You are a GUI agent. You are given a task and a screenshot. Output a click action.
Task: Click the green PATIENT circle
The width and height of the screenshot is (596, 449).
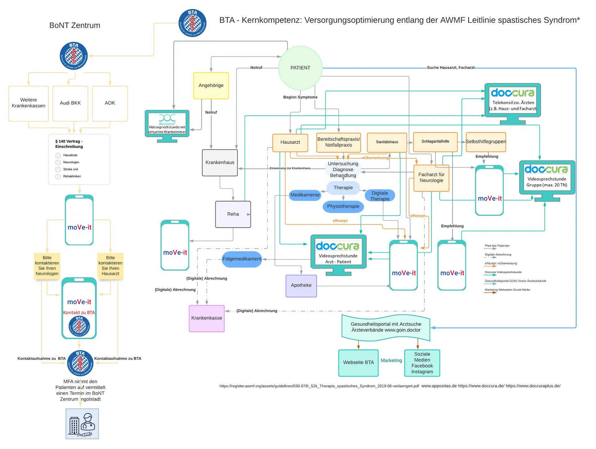pos(300,68)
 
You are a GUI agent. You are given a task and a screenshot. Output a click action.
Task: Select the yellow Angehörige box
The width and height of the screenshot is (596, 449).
pos(211,85)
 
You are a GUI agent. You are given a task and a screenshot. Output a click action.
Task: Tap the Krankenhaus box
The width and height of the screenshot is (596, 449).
pos(220,163)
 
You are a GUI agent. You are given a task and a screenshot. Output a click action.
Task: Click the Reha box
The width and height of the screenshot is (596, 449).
pos(233,214)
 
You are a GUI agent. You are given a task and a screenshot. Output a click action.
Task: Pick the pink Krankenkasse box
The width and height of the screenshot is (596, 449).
pos(206,318)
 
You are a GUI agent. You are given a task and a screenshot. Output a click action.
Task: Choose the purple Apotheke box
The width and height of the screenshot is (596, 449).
pos(301,285)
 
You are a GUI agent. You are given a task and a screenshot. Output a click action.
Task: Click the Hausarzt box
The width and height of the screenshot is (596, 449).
pos(290,142)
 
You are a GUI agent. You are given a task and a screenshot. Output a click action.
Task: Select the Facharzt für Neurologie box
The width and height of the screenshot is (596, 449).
pos(431,178)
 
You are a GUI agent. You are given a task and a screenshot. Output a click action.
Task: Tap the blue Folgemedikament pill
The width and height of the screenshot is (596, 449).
pos(242,259)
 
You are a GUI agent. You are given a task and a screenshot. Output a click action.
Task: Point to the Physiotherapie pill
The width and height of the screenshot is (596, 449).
pos(343,206)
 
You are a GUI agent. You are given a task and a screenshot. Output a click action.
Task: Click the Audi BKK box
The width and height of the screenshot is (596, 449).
pos(70,103)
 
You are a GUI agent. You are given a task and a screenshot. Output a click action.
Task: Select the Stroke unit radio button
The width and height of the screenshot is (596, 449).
pos(58,170)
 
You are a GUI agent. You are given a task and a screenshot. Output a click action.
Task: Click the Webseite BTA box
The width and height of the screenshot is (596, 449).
pos(358,363)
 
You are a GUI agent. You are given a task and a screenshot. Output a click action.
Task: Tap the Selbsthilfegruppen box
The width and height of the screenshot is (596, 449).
pos(486,142)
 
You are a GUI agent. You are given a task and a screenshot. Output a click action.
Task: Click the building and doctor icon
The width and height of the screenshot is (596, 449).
pos(82,424)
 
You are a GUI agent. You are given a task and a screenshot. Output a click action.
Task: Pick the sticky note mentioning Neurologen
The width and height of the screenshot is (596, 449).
pos(47,266)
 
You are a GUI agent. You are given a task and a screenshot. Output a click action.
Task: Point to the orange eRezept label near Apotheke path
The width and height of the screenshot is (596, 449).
pos(340,221)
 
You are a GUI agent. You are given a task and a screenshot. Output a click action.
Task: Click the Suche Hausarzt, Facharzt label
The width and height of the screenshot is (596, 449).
pos(450,67)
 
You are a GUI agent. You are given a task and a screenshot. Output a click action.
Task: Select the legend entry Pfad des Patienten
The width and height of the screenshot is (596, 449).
pos(497,246)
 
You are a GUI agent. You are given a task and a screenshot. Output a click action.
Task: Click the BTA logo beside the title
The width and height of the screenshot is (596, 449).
pos(192,23)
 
